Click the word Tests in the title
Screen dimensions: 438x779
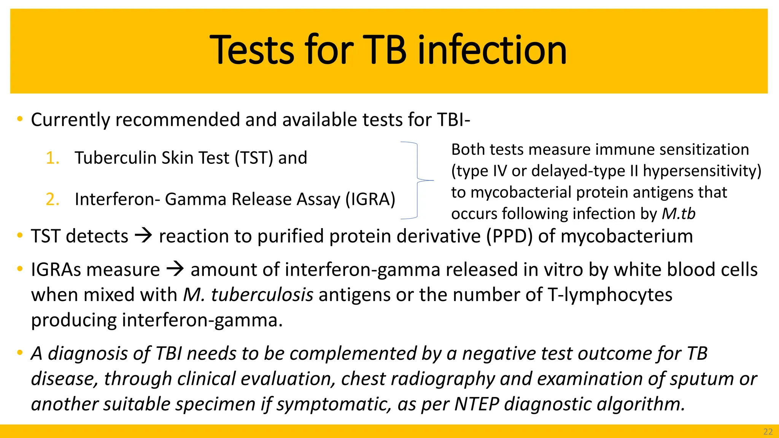pos(252,50)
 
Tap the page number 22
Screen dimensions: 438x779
pos(768,432)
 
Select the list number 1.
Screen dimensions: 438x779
pos(52,158)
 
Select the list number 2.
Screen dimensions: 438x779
pos(52,200)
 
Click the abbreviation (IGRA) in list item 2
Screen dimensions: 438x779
pos(370,200)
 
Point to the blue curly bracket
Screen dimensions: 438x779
pos(417,180)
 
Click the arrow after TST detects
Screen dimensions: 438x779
pos(143,236)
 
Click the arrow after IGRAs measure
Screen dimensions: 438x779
pos(175,270)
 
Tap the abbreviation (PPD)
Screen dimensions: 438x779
pos(509,236)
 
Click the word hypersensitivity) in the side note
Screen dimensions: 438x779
pos(702,171)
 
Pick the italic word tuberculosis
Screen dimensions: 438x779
pos(262,295)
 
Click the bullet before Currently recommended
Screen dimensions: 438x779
pos(20,119)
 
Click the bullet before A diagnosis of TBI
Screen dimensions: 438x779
pos(20,353)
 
